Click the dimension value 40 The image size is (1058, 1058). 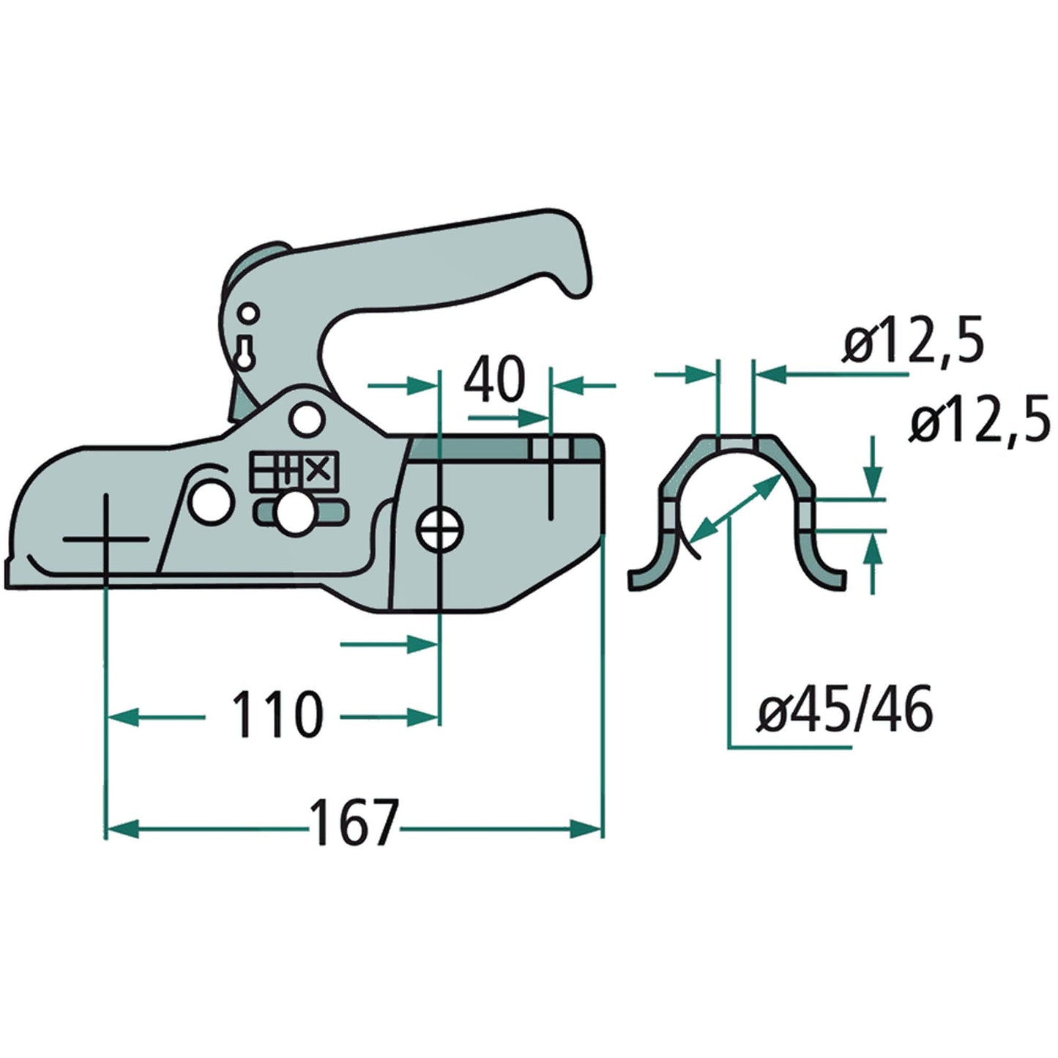pos(496,380)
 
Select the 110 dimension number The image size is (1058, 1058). pos(277,715)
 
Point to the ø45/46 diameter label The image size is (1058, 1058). pos(845,709)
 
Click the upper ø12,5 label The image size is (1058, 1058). pos(911,342)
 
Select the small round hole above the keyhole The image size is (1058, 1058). pos(250,314)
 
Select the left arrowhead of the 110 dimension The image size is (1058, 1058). pos(121,716)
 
